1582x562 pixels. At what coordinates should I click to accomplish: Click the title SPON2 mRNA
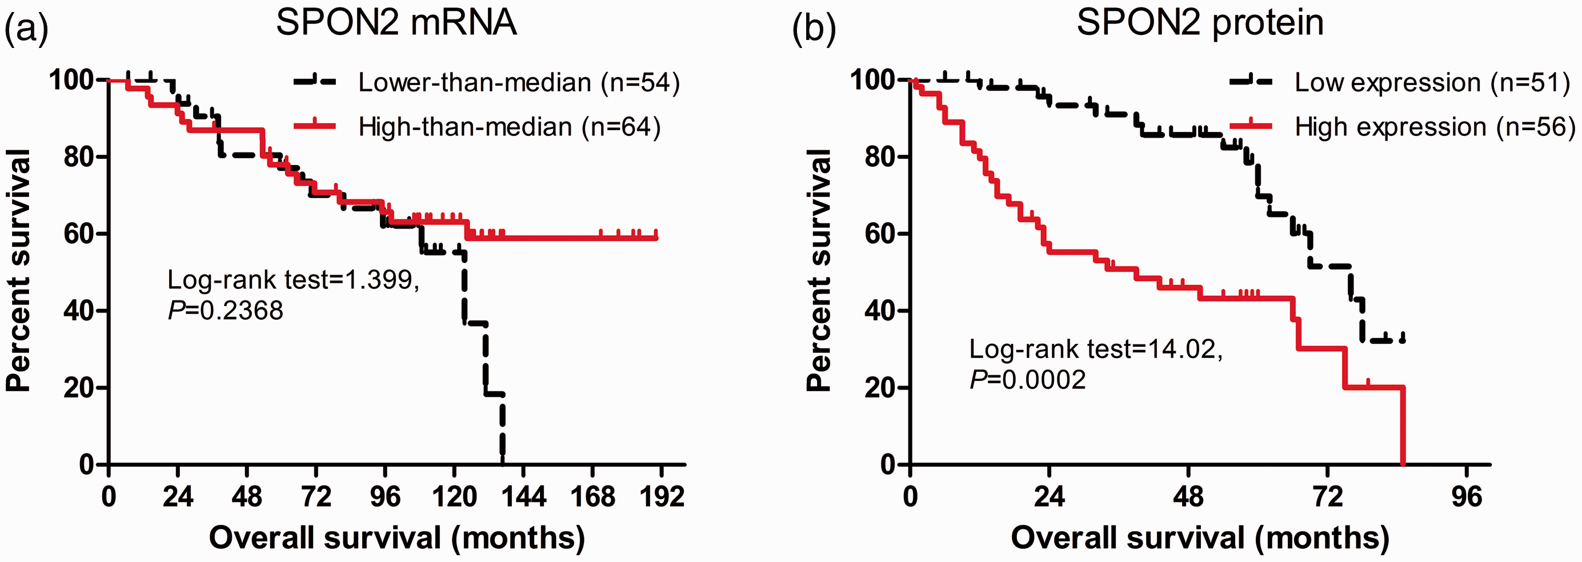(x=396, y=23)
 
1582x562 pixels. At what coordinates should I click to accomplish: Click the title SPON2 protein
(x=1200, y=24)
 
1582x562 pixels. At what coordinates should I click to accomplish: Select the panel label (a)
(x=26, y=27)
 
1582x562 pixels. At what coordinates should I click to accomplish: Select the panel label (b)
(x=814, y=27)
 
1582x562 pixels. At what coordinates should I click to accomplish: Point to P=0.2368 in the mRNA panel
(x=225, y=310)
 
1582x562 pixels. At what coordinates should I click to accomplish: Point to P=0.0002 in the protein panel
(x=1027, y=380)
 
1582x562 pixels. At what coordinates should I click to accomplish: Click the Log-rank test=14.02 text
(x=1096, y=349)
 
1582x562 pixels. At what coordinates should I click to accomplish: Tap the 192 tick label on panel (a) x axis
(x=662, y=496)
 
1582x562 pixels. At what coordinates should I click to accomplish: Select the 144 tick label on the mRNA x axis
(x=523, y=496)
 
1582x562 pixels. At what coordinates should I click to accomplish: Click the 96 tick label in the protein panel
(x=1467, y=496)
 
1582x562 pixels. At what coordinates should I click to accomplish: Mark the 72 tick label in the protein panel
(x=1328, y=496)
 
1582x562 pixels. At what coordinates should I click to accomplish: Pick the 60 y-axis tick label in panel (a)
(x=79, y=234)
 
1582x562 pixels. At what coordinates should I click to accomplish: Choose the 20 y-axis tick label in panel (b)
(x=879, y=388)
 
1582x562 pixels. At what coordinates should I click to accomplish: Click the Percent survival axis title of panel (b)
(x=818, y=270)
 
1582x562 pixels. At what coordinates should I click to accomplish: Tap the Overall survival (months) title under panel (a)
(x=396, y=538)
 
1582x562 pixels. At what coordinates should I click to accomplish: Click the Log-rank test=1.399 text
(x=293, y=280)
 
